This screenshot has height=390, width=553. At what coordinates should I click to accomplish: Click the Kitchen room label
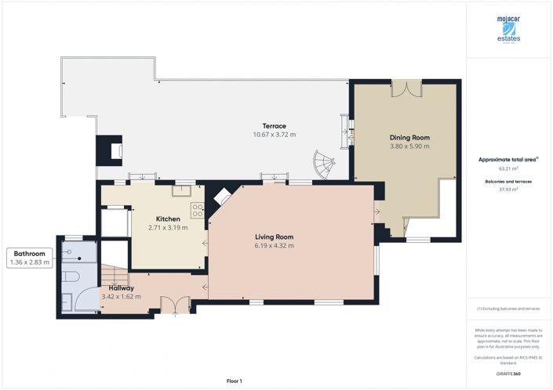[x=169, y=218]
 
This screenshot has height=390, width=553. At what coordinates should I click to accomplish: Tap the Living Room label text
[x=274, y=237]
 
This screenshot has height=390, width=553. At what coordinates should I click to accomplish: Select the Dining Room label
[x=409, y=137]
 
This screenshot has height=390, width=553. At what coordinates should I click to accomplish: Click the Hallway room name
[x=116, y=287]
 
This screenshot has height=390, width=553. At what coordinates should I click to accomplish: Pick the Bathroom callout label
[x=28, y=254]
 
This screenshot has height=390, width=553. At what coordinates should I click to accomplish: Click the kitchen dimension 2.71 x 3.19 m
[x=169, y=228]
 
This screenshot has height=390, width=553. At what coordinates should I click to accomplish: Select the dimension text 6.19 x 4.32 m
[x=274, y=246]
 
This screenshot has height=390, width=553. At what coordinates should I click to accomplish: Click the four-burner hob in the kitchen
[x=198, y=209]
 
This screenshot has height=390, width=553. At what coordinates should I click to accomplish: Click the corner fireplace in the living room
[x=223, y=196]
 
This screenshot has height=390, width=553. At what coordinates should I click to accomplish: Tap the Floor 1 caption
[x=235, y=381]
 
